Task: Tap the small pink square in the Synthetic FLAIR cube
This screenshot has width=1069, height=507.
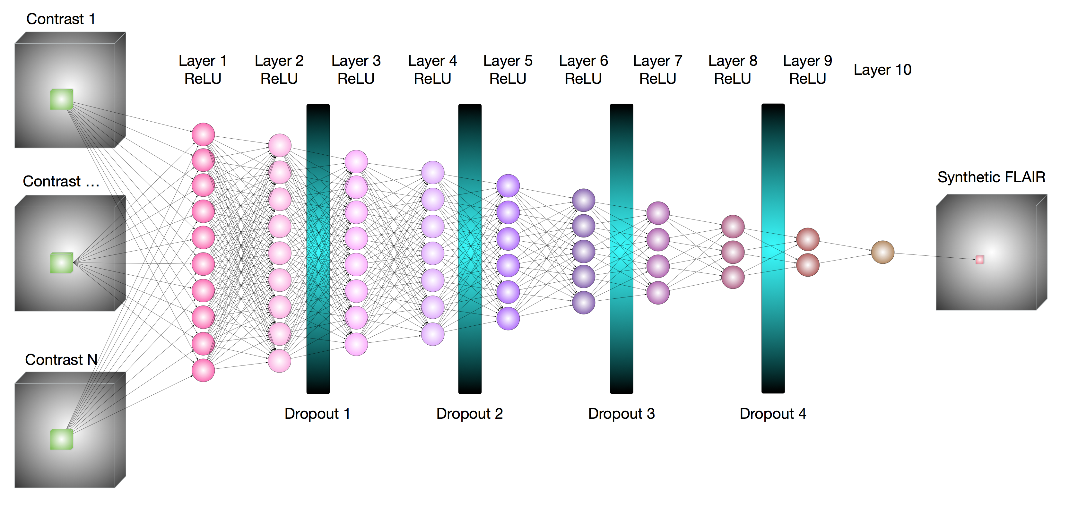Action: point(980,260)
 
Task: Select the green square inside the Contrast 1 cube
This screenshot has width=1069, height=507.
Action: point(61,99)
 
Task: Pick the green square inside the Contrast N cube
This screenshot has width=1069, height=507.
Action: point(61,439)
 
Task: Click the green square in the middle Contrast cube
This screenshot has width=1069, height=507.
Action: point(61,262)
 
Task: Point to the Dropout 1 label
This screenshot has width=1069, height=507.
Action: point(317,414)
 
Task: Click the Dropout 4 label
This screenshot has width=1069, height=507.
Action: point(773,414)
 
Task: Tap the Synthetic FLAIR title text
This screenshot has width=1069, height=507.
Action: point(991,177)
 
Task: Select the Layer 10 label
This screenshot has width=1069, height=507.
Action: point(882,70)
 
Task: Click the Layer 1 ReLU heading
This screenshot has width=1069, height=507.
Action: point(203,70)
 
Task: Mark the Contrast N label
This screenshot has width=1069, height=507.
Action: point(61,360)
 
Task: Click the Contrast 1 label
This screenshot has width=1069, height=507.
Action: point(61,19)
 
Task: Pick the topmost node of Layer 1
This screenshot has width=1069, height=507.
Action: point(203,134)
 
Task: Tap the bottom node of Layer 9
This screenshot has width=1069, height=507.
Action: point(808,265)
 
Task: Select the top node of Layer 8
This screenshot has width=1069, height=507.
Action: point(733,227)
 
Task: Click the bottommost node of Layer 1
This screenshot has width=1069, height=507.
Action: point(203,370)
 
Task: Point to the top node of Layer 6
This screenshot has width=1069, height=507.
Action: point(584,200)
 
